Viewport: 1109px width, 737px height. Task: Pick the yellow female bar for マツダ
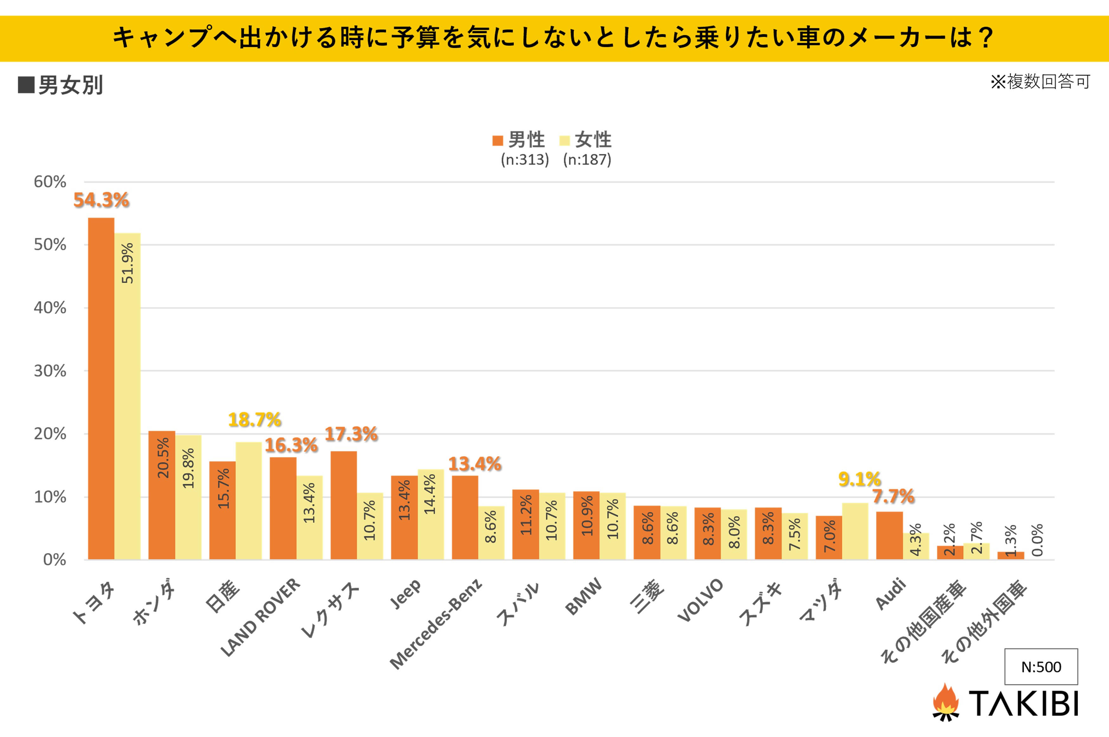pos(855,531)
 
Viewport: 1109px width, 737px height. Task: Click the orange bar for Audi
pos(889,535)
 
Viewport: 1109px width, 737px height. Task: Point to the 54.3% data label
pos(101,200)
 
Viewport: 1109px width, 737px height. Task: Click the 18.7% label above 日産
pos(254,420)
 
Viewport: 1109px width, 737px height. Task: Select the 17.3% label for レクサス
pos(351,434)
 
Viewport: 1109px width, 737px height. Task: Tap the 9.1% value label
pos(860,479)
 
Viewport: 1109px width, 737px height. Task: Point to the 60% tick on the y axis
pos(50,182)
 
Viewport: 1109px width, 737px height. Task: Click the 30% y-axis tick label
pos(50,371)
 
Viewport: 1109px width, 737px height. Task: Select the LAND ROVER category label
pos(260,617)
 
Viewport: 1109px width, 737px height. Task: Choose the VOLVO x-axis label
pos(700,600)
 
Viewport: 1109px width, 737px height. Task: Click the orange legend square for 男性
pos(497,140)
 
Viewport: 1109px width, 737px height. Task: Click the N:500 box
pos(1041,667)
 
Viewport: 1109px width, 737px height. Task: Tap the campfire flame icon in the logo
pos(946,702)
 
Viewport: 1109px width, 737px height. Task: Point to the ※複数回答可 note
pos(1040,82)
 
